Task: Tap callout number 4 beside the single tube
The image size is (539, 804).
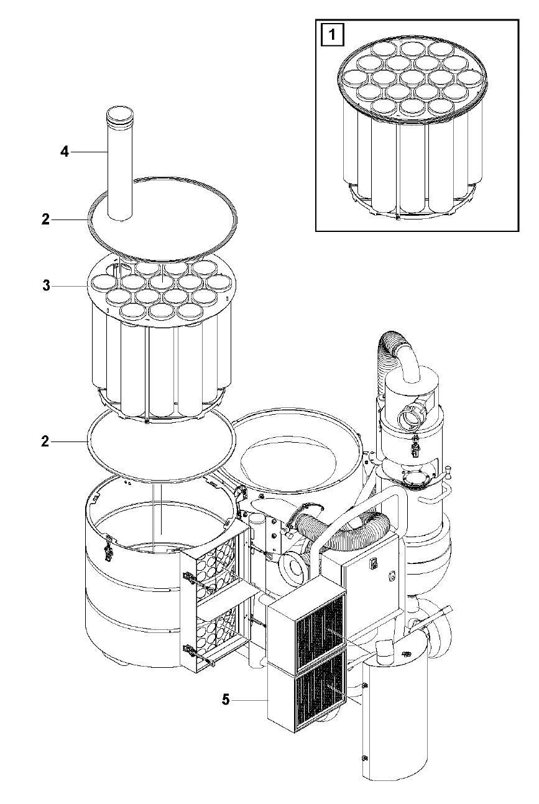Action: pyautogui.click(x=64, y=151)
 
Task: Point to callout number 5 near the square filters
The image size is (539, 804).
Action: pyautogui.click(x=226, y=700)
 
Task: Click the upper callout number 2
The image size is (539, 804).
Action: pyautogui.click(x=45, y=219)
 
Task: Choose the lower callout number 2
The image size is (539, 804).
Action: pyautogui.click(x=45, y=441)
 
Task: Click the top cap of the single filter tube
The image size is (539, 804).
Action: pyautogui.click(x=120, y=114)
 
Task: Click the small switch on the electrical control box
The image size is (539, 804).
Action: pyautogui.click(x=372, y=563)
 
